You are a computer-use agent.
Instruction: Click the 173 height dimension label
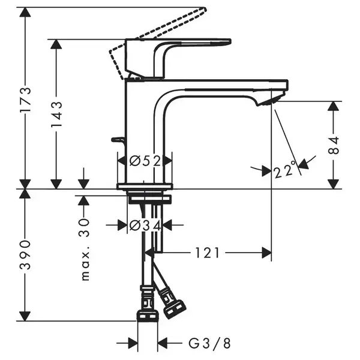pos(25,99)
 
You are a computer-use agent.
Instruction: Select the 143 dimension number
pos(56,114)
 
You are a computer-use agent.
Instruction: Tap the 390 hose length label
pos(25,254)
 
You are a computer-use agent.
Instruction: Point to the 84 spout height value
pos(334,145)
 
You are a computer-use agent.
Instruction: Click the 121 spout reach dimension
pos(208,253)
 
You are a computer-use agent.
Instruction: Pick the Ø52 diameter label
pos(145,161)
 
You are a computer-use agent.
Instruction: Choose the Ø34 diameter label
pos(145,225)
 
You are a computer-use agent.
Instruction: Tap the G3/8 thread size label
pos(209,344)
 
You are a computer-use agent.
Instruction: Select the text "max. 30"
pos(85,250)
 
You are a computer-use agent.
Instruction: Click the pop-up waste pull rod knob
pos(118,139)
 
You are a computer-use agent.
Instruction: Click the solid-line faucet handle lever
pos(178,58)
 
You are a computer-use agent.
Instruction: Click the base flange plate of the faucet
pos(145,187)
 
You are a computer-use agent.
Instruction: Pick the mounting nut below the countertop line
pos(149,199)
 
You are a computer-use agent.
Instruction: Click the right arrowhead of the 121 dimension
pos(267,253)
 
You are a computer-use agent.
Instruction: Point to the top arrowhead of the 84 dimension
pos(334,106)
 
